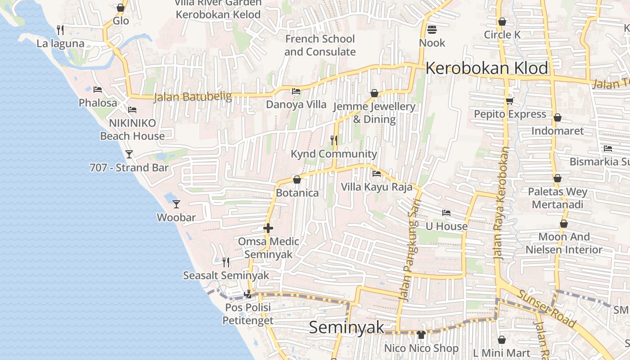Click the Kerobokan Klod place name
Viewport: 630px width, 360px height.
(x=486, y=68)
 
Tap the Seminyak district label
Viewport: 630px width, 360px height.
(x=346, y=327)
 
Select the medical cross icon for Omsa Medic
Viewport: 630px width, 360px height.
(x=268, y=228)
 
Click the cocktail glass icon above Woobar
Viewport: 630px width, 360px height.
(x=176, y=204)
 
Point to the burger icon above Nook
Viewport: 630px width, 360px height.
(x=432, y=30)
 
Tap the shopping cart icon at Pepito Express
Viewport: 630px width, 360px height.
(x=509, y=101)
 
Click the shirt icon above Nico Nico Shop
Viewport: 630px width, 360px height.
(x=421, y=334)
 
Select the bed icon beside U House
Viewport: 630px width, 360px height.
(x=446, y=213)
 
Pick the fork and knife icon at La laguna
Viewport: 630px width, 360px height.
(x=60, y=30)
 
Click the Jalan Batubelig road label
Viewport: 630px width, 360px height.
(x=193, y=97)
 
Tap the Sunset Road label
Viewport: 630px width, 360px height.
(x=547, y=308)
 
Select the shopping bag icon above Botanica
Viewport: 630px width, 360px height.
(x=297, y=180)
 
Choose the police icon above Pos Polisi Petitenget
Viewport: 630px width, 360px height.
(x=247, y=294)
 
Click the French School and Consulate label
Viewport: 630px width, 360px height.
(x=320, y=45)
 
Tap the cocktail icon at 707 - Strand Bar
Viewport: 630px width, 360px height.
(x=129, y=154)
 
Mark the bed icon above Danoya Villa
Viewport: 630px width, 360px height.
(x=296, y=91)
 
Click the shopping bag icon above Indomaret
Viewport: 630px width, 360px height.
(x=557, y=118)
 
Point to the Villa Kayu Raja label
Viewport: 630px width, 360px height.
(x=377, y=187)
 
